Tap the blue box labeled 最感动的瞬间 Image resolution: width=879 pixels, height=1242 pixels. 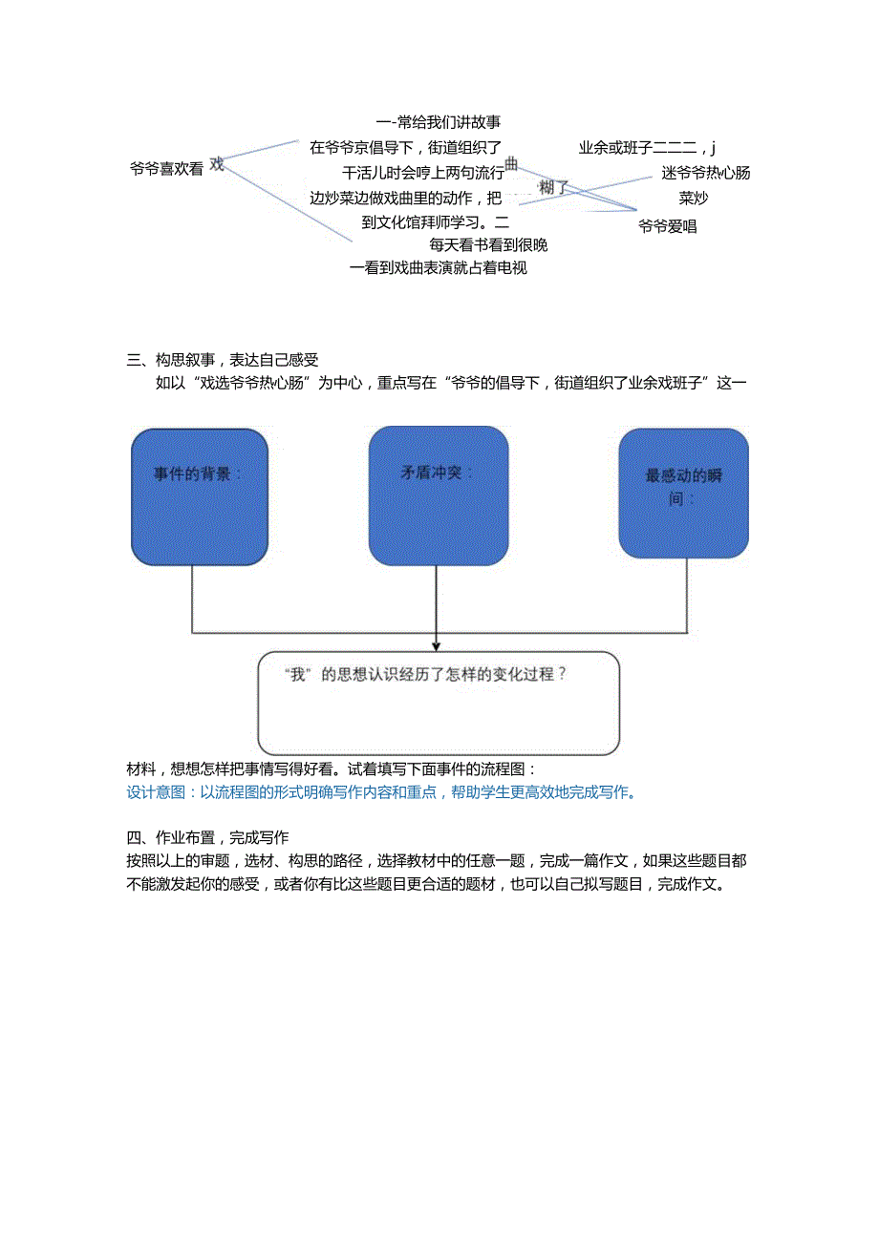click(x=683, y=493)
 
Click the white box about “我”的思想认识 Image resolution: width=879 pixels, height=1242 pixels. click(x=439, y=704)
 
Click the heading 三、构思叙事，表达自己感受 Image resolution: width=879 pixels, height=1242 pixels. click(x=223, y=360)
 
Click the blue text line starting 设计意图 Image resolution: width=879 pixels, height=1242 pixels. click(x=381, y=791)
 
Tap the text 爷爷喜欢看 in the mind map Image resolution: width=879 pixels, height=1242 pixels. click(x=167, y=169)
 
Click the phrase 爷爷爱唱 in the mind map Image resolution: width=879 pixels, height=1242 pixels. click(x=667, y=226)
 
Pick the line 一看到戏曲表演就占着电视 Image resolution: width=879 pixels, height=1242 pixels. click(x=439, y=268)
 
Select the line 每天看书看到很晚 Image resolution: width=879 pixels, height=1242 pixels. click(x=487, y=245)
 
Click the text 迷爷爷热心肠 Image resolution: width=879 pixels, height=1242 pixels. click(x=705, y=173)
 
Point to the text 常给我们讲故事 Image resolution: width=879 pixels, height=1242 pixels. click(x=447, y=122)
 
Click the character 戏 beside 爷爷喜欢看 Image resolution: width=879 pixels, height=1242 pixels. click(x=217, y=164)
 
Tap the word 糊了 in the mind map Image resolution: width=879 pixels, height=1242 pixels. click(x=553, y=188)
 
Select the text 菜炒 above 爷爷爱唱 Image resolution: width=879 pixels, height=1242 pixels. click(x=693, y=199)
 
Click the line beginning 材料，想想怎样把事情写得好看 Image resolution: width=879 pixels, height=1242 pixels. click(x=332, y=768)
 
